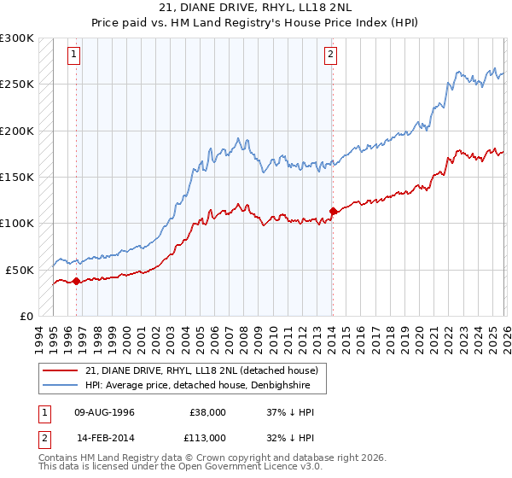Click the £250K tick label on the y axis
point(17,85)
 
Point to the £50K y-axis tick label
point(20,270)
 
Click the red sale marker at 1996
point(76,280)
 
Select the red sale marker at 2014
point(332,211)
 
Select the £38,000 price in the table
point(207,411)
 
